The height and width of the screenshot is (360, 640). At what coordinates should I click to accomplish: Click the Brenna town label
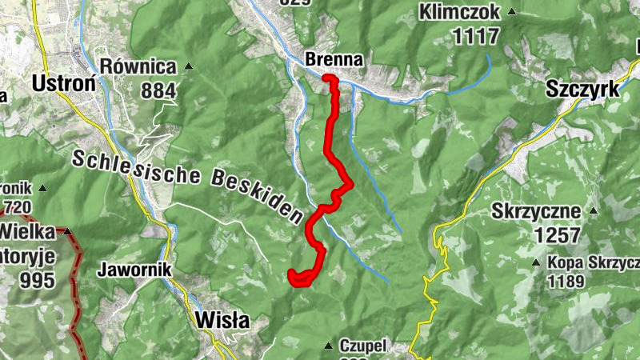click(x=334, y=59)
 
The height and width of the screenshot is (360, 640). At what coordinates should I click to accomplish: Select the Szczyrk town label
click(x=583, y=90)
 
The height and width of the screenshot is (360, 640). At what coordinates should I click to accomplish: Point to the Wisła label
click(x=222, y=321)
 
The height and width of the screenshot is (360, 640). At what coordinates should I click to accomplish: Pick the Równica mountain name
click(x=138, y=66)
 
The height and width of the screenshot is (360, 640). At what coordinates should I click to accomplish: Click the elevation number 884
click(x=158, y=91)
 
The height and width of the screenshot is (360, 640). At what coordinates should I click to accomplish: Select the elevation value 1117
click(x=475, y=36)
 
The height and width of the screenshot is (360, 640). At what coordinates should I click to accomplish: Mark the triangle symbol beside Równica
click(x=189, y=66)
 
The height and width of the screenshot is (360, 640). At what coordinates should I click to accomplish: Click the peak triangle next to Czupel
click(x=326, y=346)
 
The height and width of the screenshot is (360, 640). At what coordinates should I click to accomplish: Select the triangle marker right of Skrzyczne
click(x=593, y=211)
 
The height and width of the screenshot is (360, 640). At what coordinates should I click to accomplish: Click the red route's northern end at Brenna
click(x=326, y=78)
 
